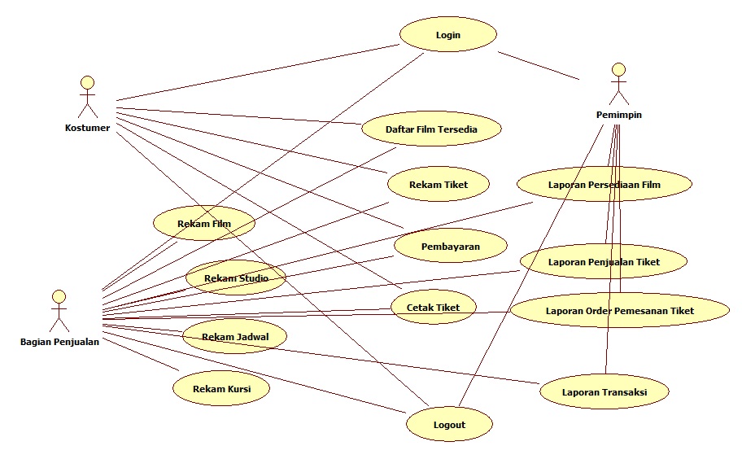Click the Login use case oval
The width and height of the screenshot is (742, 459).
[447, 35]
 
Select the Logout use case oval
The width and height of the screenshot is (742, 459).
[449, 424]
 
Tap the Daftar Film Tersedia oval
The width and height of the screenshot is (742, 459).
[431, 129]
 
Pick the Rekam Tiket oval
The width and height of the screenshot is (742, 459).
[439, 185]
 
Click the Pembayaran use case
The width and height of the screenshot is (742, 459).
[450, 246]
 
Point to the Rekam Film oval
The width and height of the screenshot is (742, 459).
[204, 222]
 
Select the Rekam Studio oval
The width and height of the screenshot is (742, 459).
[235, 278]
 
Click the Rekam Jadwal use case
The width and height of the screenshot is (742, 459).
[234, 335]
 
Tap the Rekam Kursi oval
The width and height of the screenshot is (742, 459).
[220, 389]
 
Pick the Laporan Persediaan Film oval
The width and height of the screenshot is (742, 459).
[604, 185]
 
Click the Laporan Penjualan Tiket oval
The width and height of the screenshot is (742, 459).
[604, 262]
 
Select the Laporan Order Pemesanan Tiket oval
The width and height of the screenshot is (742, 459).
[619, 310]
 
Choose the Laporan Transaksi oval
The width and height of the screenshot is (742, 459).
[604, 392]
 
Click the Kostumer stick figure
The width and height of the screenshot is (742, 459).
[87, 96]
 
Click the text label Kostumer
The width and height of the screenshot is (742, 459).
[87, 128]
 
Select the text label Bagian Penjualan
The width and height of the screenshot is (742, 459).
[59, 342]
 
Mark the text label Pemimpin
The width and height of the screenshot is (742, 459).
[619, 115]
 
